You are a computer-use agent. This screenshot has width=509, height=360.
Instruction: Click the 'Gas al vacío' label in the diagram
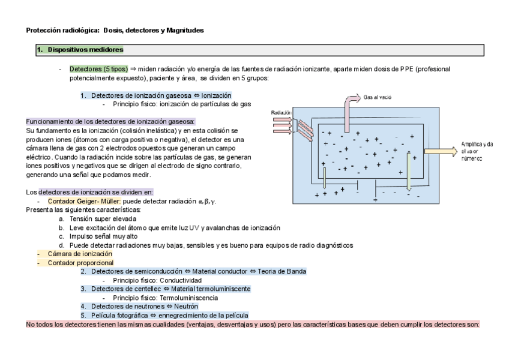point(378,97)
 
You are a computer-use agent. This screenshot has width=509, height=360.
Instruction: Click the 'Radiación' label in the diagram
point(281,112)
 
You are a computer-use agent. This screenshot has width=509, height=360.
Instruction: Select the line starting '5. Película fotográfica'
point(164,315)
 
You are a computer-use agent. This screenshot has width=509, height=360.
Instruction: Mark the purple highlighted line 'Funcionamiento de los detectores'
point(111,121)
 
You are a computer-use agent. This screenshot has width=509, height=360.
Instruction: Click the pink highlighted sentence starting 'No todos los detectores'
point(252,324)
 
